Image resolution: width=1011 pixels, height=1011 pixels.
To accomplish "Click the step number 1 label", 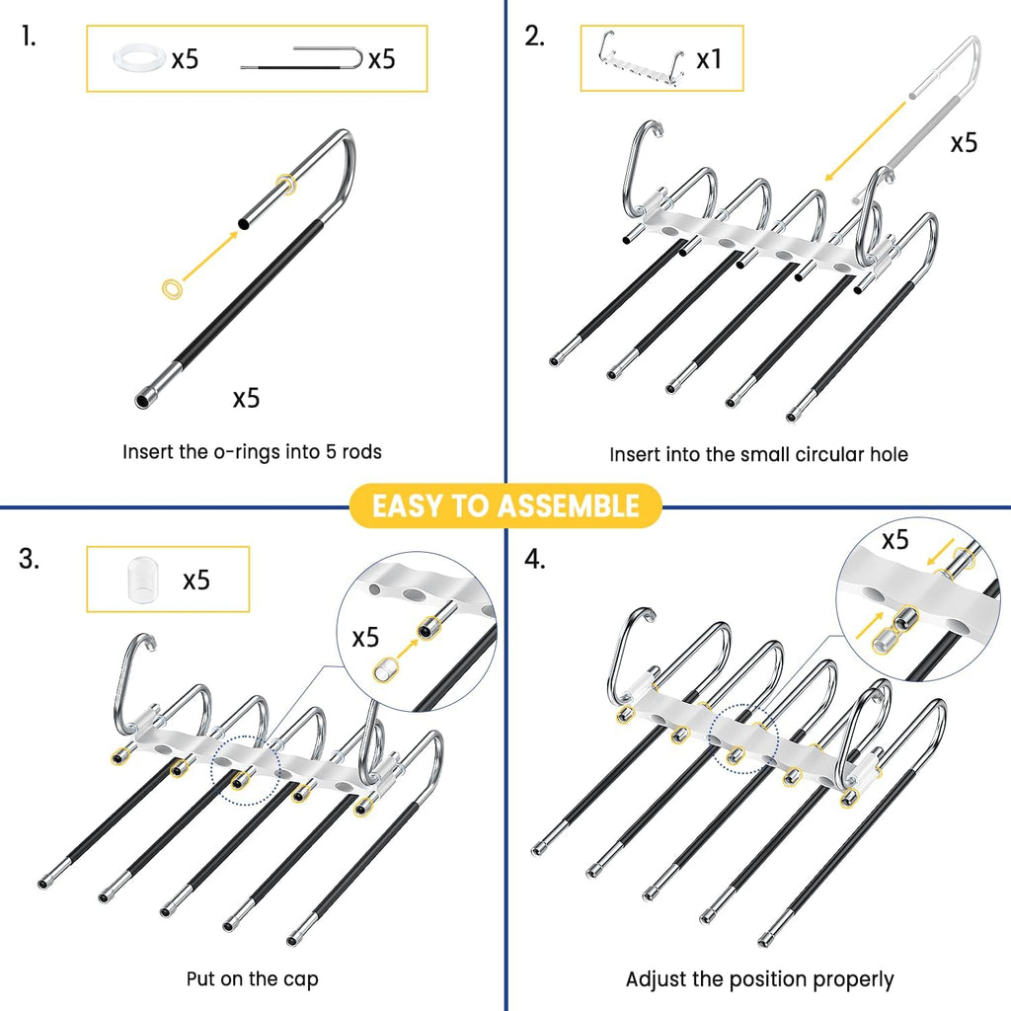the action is point(29,37).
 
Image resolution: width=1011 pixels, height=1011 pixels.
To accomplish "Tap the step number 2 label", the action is point(534,37).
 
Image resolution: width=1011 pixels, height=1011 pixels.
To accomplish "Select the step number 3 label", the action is point(29,559).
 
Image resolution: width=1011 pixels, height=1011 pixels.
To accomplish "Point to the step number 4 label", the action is point(535,559).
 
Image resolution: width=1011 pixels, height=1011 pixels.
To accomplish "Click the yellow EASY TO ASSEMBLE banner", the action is point(505,506).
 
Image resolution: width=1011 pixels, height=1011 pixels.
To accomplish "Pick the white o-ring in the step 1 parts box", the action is point(139,58).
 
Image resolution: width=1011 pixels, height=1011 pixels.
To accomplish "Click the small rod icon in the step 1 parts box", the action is point(302,58).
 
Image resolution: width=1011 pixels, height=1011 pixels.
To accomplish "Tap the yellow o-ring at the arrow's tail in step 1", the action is point(172,289).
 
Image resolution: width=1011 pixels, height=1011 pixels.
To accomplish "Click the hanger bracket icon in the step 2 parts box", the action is point(641,58).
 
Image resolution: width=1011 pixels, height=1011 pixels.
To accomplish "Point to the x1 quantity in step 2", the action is point(709,59).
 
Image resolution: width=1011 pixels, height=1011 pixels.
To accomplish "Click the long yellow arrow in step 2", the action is point(866,141).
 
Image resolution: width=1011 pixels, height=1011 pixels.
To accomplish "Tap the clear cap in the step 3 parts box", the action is point(143,580).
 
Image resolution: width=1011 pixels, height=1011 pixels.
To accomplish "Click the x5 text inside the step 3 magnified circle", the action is point(365,638).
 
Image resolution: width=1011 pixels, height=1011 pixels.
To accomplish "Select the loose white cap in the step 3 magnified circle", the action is point(385,670).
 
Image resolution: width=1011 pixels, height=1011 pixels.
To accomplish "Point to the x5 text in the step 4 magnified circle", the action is point(895,540).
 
